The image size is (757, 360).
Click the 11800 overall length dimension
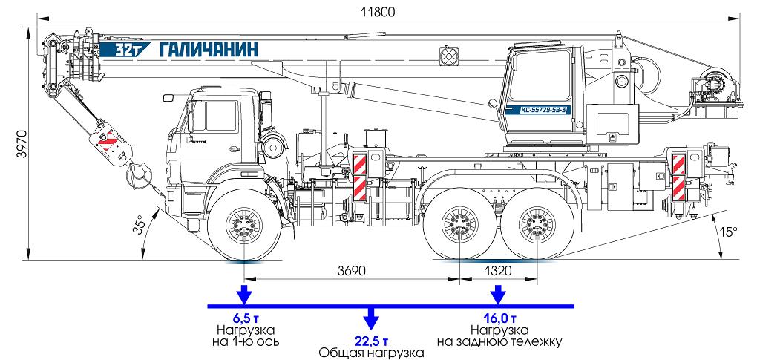(x=377, y=11)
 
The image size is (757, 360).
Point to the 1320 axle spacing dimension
(x=498, y=271)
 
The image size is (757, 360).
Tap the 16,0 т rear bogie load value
(x=499, y=318)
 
